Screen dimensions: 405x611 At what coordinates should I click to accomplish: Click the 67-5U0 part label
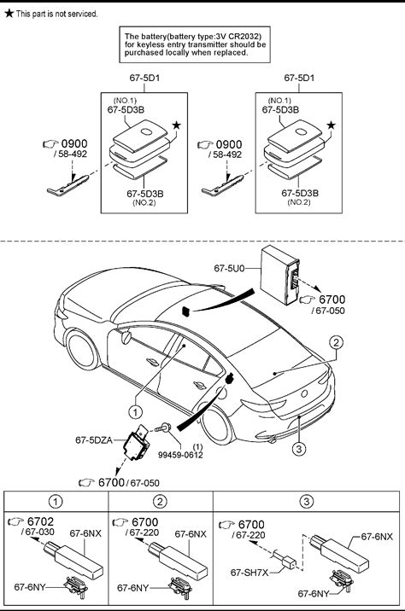pos(229,268)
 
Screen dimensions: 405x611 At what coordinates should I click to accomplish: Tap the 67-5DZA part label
pos(94,440)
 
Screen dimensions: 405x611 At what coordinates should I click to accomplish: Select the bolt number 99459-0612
pos(180,455)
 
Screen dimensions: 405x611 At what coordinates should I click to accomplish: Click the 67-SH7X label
pos(249,573)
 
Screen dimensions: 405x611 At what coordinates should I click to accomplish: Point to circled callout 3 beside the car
pos(299,449)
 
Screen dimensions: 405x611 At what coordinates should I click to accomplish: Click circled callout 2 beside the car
pos(336,342)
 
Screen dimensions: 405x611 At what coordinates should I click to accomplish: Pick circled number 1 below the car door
pos(135,411)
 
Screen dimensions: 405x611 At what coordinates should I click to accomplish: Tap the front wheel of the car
pos(82,350)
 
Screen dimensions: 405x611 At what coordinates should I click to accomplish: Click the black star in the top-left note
pos(9,14)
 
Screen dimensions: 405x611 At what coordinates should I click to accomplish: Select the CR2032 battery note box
pos(195,44)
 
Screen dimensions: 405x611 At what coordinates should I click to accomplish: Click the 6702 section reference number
pos(40,521)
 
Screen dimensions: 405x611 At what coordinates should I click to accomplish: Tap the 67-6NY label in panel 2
pos(132,588)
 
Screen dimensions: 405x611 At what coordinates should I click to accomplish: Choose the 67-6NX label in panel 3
pos(377,537)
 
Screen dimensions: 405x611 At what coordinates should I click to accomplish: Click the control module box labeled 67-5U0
pos(280,275)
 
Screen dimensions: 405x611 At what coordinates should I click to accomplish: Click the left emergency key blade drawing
pos(67,185)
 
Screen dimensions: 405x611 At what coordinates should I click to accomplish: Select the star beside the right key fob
pos(331,125)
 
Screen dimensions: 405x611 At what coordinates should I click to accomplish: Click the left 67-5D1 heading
pos(144,78)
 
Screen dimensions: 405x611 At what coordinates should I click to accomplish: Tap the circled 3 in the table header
pos(306,501)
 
